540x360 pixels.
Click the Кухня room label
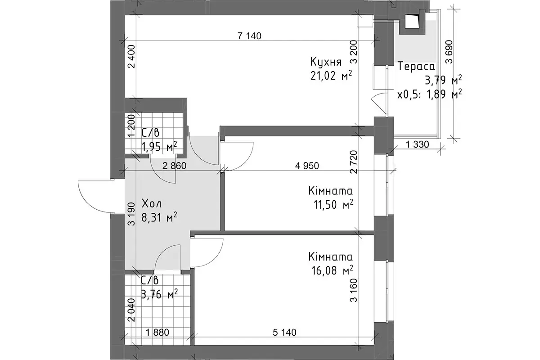326,62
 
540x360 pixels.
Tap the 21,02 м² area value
331,76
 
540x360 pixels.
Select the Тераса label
416,66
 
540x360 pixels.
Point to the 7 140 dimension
249,36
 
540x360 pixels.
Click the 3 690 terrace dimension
449,52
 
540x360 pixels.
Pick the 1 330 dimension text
418,144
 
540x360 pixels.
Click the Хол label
151,204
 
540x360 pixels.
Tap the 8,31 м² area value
159,218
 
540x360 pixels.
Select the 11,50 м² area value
333,205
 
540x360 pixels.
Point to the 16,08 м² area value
332,270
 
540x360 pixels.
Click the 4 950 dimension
307,166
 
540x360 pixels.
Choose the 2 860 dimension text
174,166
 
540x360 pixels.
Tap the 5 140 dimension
284,333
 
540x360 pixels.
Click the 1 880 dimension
157,333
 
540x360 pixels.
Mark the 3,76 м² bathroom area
159,294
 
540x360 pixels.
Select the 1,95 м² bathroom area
159,146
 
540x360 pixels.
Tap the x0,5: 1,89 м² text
430,94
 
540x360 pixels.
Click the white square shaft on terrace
411,21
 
